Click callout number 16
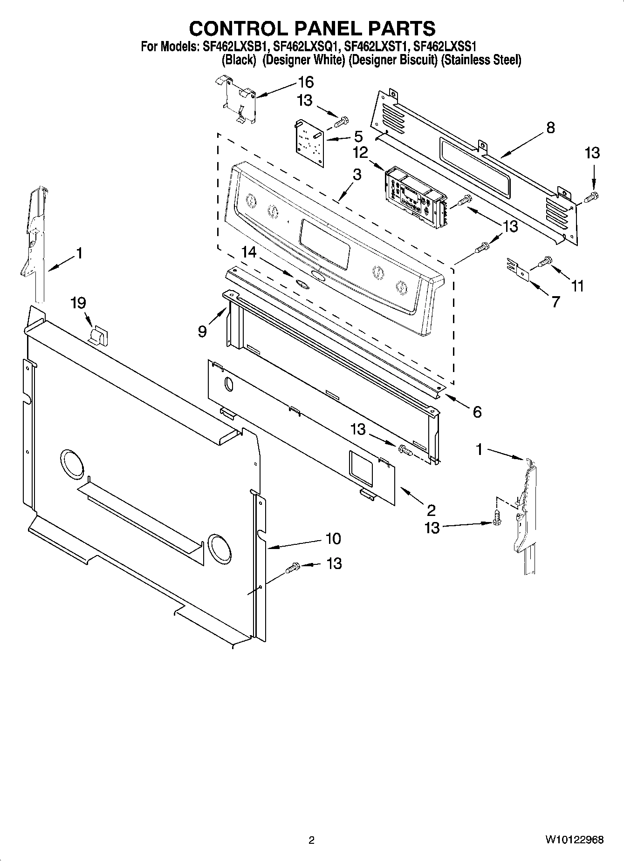306,82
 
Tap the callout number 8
550,128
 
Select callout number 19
78,303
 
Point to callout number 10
333,539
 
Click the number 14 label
249,252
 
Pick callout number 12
360,152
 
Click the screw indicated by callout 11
544,262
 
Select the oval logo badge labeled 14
299,282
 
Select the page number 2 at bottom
311,841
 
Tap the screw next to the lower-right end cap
497,517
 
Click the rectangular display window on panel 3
325,244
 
